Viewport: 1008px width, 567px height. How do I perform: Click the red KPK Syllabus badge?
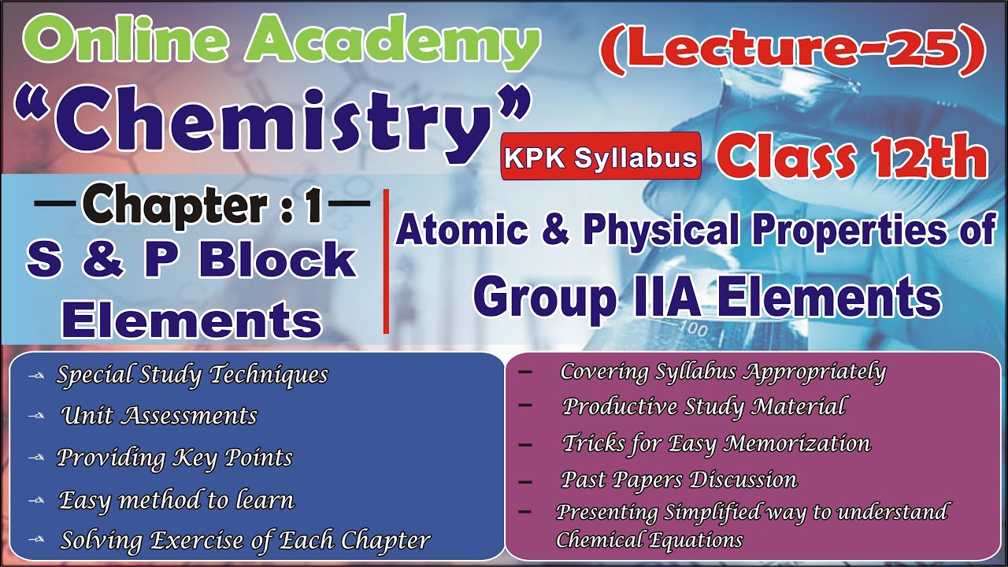tap(602, 157)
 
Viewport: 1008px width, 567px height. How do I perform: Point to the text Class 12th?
tap(852, 157)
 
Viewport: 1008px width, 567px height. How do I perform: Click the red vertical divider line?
tap(386, 261)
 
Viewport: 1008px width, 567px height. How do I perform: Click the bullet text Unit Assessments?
tap(159, 415)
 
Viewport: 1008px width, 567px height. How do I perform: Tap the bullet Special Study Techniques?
tap(192, 375)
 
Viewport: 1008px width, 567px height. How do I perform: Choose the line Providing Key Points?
tap(175, 458)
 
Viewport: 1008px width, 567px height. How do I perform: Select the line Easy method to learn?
tap(176, 499)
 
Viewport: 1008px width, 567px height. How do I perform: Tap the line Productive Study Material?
tap(704, 406)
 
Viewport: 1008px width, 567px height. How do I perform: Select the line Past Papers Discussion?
tap(679, 479)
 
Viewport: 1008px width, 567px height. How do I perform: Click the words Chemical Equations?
tap(649, 540)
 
